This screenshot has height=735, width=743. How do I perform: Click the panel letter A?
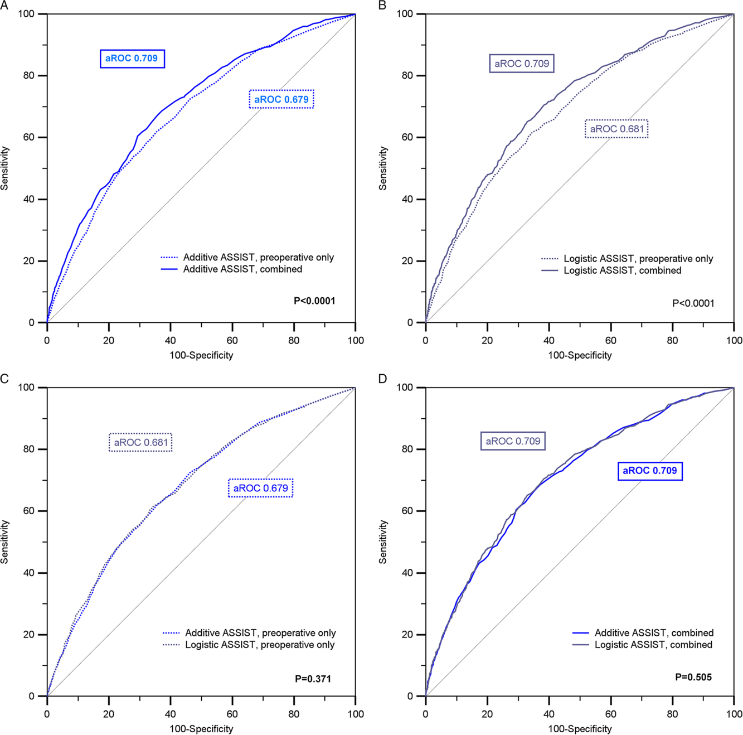tap(4, 5)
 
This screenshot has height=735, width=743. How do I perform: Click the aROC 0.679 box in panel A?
tap(281, 99)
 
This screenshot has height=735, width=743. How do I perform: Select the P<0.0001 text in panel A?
tap(314, 301)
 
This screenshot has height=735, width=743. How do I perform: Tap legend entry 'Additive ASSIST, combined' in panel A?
tap(242, 269)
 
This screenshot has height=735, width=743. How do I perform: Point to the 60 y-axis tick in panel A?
tap(29, 137)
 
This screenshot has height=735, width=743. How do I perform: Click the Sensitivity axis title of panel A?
tap(5, 168)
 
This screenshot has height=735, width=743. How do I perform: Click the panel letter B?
tap(382, 5)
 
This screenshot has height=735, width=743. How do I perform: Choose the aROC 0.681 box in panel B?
tap(616, 129)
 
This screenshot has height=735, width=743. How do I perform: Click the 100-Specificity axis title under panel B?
tap(580, 355)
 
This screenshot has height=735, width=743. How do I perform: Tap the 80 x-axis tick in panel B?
tap(673, 340)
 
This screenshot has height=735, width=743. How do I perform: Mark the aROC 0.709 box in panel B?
tap(522, 64)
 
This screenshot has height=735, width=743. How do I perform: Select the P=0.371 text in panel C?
tap(313, 679)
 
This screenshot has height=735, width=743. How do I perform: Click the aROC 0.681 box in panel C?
tap(140, 442)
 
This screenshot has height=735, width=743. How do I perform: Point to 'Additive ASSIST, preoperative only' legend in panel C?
tap(260, 633)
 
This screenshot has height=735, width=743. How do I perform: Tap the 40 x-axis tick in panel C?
tap(171, 714)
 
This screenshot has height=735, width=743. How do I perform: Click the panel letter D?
tap(382, 379)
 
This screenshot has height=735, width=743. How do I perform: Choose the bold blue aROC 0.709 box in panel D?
tap(649, 471)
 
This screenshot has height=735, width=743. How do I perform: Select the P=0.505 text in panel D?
tap(693, 677)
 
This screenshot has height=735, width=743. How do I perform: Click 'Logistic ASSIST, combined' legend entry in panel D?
tap(653, 645)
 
